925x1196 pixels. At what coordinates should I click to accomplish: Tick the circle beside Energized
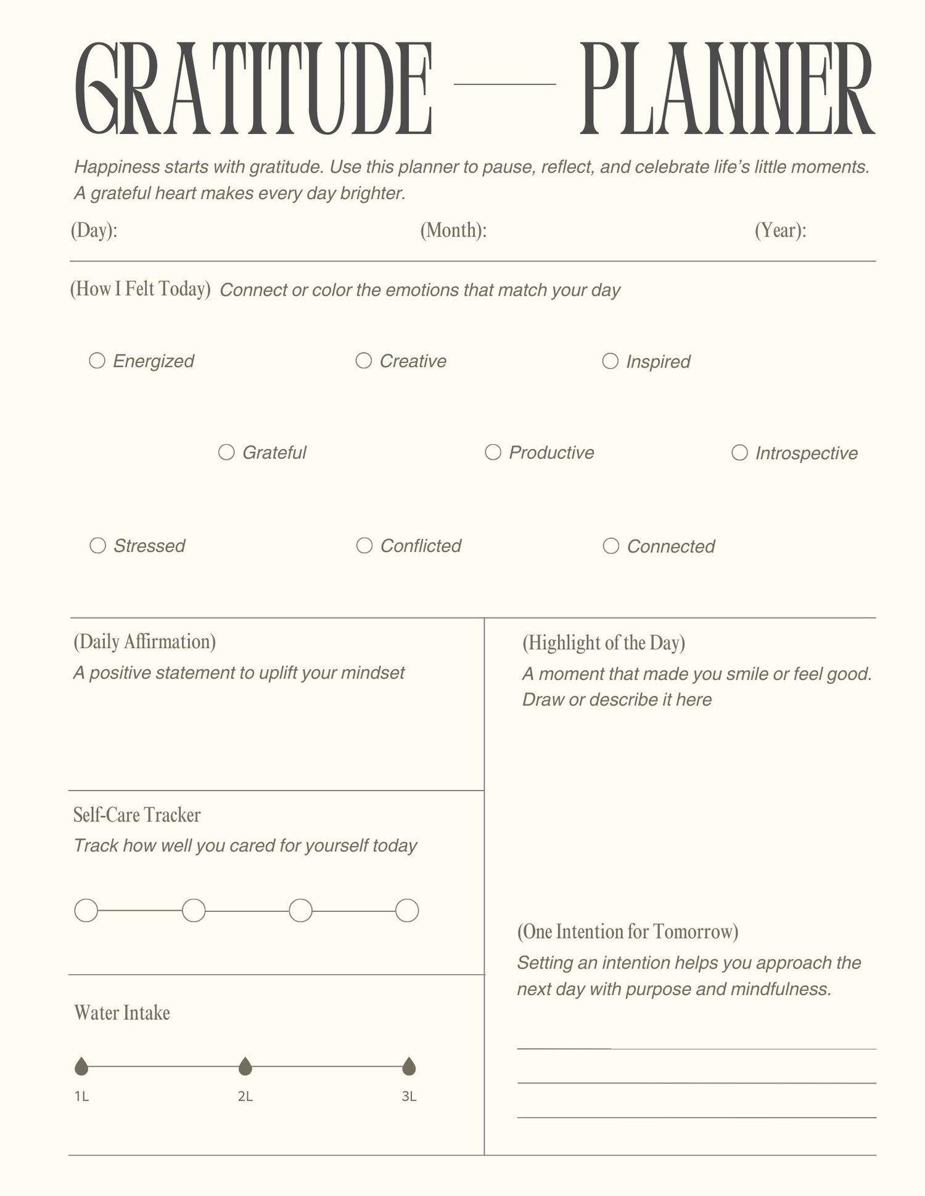pyautogui.click(x=97, y=360)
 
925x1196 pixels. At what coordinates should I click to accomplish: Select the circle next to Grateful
pyautogui.click(x=226, y=452)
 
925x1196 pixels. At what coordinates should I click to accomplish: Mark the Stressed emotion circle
pyautogui.click(x=97, y=545)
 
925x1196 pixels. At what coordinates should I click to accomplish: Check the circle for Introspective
pyautogui.click(x=739, y=453)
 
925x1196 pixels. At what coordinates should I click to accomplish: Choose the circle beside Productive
pyautogui.click(x=493, y=452)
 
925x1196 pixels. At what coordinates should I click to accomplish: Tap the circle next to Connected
pyautogui.click(x=610, y=546)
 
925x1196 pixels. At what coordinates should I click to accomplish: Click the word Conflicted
pyautogui.click(x=421, y=546)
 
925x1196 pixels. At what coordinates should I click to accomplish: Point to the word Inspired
pyautogui.click(x=658, y=362)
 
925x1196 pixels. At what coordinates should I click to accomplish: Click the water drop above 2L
pyautogui.click(x=245, y=1066)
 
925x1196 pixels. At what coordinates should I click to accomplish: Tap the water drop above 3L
pyautogui.click(x=409, y=1066)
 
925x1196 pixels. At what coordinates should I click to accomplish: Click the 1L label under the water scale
pyautogui.click(x=81, y=1096)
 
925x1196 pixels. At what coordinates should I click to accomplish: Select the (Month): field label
pyautogui.click(x=453, y=230)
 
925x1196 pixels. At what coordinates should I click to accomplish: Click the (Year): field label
pyautogui.click(x=780, y=230)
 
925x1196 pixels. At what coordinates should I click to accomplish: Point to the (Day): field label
pyautogui.click(x=94, y=230)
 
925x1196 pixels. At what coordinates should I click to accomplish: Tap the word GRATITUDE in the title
pyautogui.click(x=253, y=89)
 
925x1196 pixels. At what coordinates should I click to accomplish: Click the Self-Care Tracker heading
pyautogui.click(x=137, y=815)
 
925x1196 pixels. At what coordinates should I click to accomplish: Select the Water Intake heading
pyautogui.click(x=122, y=1013)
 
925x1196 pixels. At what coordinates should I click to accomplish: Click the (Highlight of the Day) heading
pyautogui.click(x=604, y=643)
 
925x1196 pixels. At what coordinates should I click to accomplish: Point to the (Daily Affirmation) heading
pyautogui.click(x=144, y=641)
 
